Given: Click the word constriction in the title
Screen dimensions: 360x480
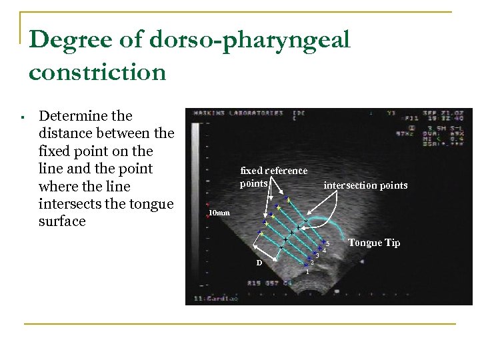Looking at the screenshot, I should click(97, 71).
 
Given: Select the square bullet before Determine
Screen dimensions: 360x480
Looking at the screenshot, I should click(23, 118).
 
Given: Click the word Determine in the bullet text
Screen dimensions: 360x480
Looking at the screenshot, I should click(86, 116).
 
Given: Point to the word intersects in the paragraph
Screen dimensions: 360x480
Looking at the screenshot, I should click(73, 203).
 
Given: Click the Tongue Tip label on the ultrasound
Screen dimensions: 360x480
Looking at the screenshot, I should click(374, 243).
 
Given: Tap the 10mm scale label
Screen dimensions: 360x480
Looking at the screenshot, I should click(219, 213).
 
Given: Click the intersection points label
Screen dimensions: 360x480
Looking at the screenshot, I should click(365, 185).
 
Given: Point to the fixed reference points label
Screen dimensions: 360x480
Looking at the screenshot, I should click(273, 177).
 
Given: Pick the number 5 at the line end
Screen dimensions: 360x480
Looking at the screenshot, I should click(328, 243).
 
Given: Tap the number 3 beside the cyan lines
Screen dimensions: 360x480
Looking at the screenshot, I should click(317, 257).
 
